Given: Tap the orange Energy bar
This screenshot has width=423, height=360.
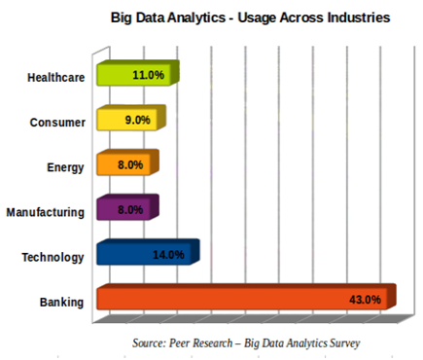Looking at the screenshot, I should point(112,165).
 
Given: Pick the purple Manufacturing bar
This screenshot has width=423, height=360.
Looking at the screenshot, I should point(112,209).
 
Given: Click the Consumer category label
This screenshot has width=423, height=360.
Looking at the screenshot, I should point(58,123).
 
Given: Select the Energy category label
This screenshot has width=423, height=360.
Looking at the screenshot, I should point(65,167).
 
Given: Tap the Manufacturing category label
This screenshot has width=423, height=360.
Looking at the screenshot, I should point(46,212).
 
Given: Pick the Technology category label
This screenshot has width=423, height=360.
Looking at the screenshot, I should point(53,257).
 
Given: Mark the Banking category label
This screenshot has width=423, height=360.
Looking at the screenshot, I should point(62,302).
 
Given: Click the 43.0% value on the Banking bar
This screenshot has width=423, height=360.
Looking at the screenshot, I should point(365,300).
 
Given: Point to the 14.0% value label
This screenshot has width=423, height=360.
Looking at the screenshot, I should point(168,255).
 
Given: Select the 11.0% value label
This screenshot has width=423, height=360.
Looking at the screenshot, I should point(148,75).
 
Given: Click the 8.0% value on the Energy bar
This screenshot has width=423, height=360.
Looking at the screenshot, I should point(129,165).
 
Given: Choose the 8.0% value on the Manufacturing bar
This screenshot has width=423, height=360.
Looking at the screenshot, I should point(129,209).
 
